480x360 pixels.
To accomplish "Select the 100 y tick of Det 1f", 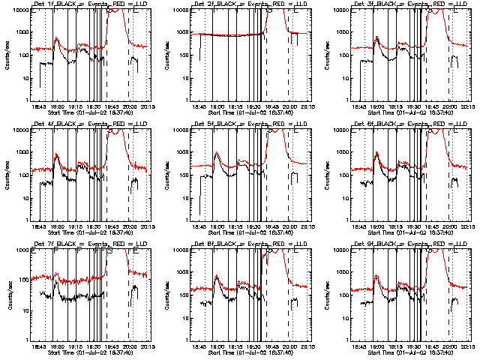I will pyautogui.click(x=25, y=55).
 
